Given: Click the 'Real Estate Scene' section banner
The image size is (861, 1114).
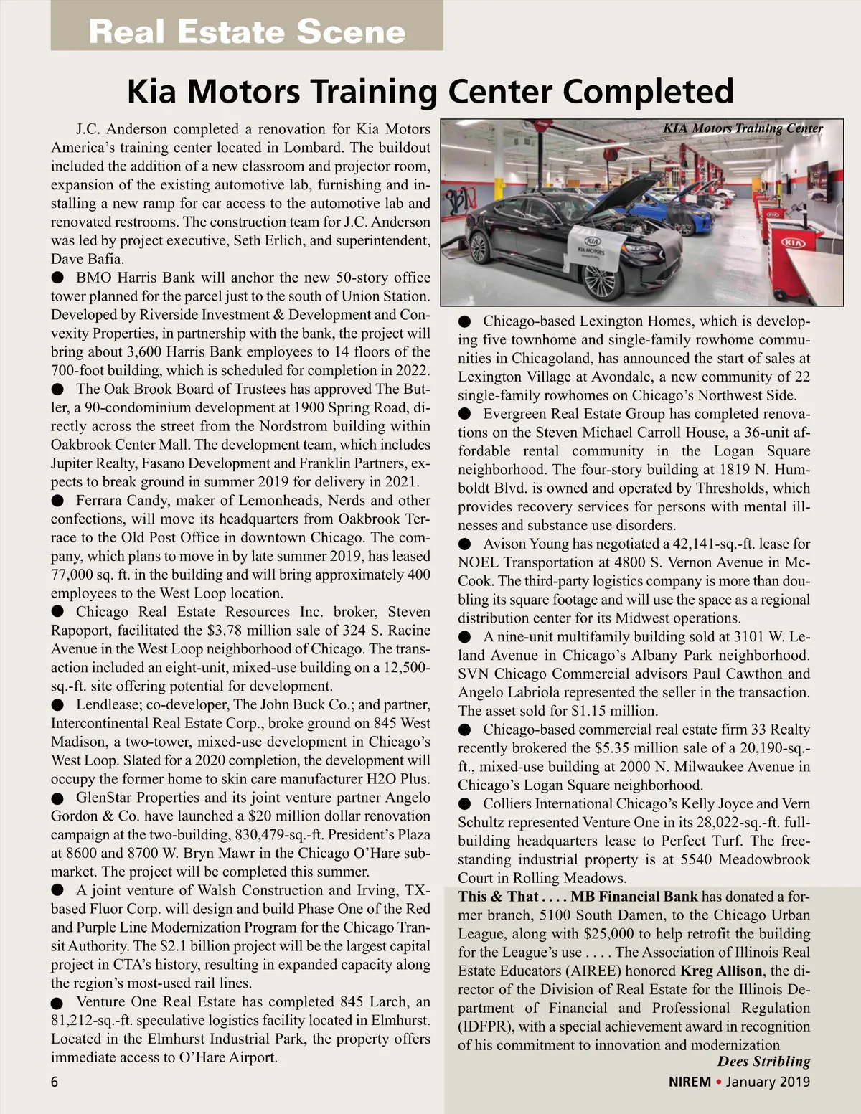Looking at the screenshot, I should [x=247, y=32].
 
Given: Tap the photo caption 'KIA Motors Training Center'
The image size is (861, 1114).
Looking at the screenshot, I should [x=743, y=128].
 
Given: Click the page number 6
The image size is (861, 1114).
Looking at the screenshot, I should [x=55, y=1082].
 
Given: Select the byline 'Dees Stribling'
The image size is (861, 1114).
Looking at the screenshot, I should [x=763, y=1062].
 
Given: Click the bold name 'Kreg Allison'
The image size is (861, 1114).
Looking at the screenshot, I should [x=721, y=971].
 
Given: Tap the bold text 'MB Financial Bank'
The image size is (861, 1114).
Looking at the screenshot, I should [x=634, y=896].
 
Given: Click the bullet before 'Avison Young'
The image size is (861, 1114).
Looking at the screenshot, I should [x=465, y=544].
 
